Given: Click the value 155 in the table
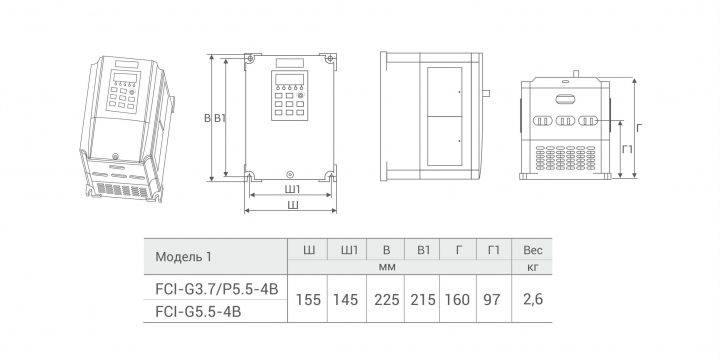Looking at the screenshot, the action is [x=308, y=300].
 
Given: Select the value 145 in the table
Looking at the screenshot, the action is [x=346, y=300].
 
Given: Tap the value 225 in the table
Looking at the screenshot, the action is [x=387, y=300].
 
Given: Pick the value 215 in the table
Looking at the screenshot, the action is [x=423, y=300].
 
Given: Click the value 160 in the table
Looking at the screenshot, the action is [x=457, y=300].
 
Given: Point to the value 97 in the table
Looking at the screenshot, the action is [x=491, y=300].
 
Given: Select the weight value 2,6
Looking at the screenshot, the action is [x=533, y=299].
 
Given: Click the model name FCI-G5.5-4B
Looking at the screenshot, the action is [x=197, y=312].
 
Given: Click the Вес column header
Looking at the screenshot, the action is [x=533, y=250].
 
